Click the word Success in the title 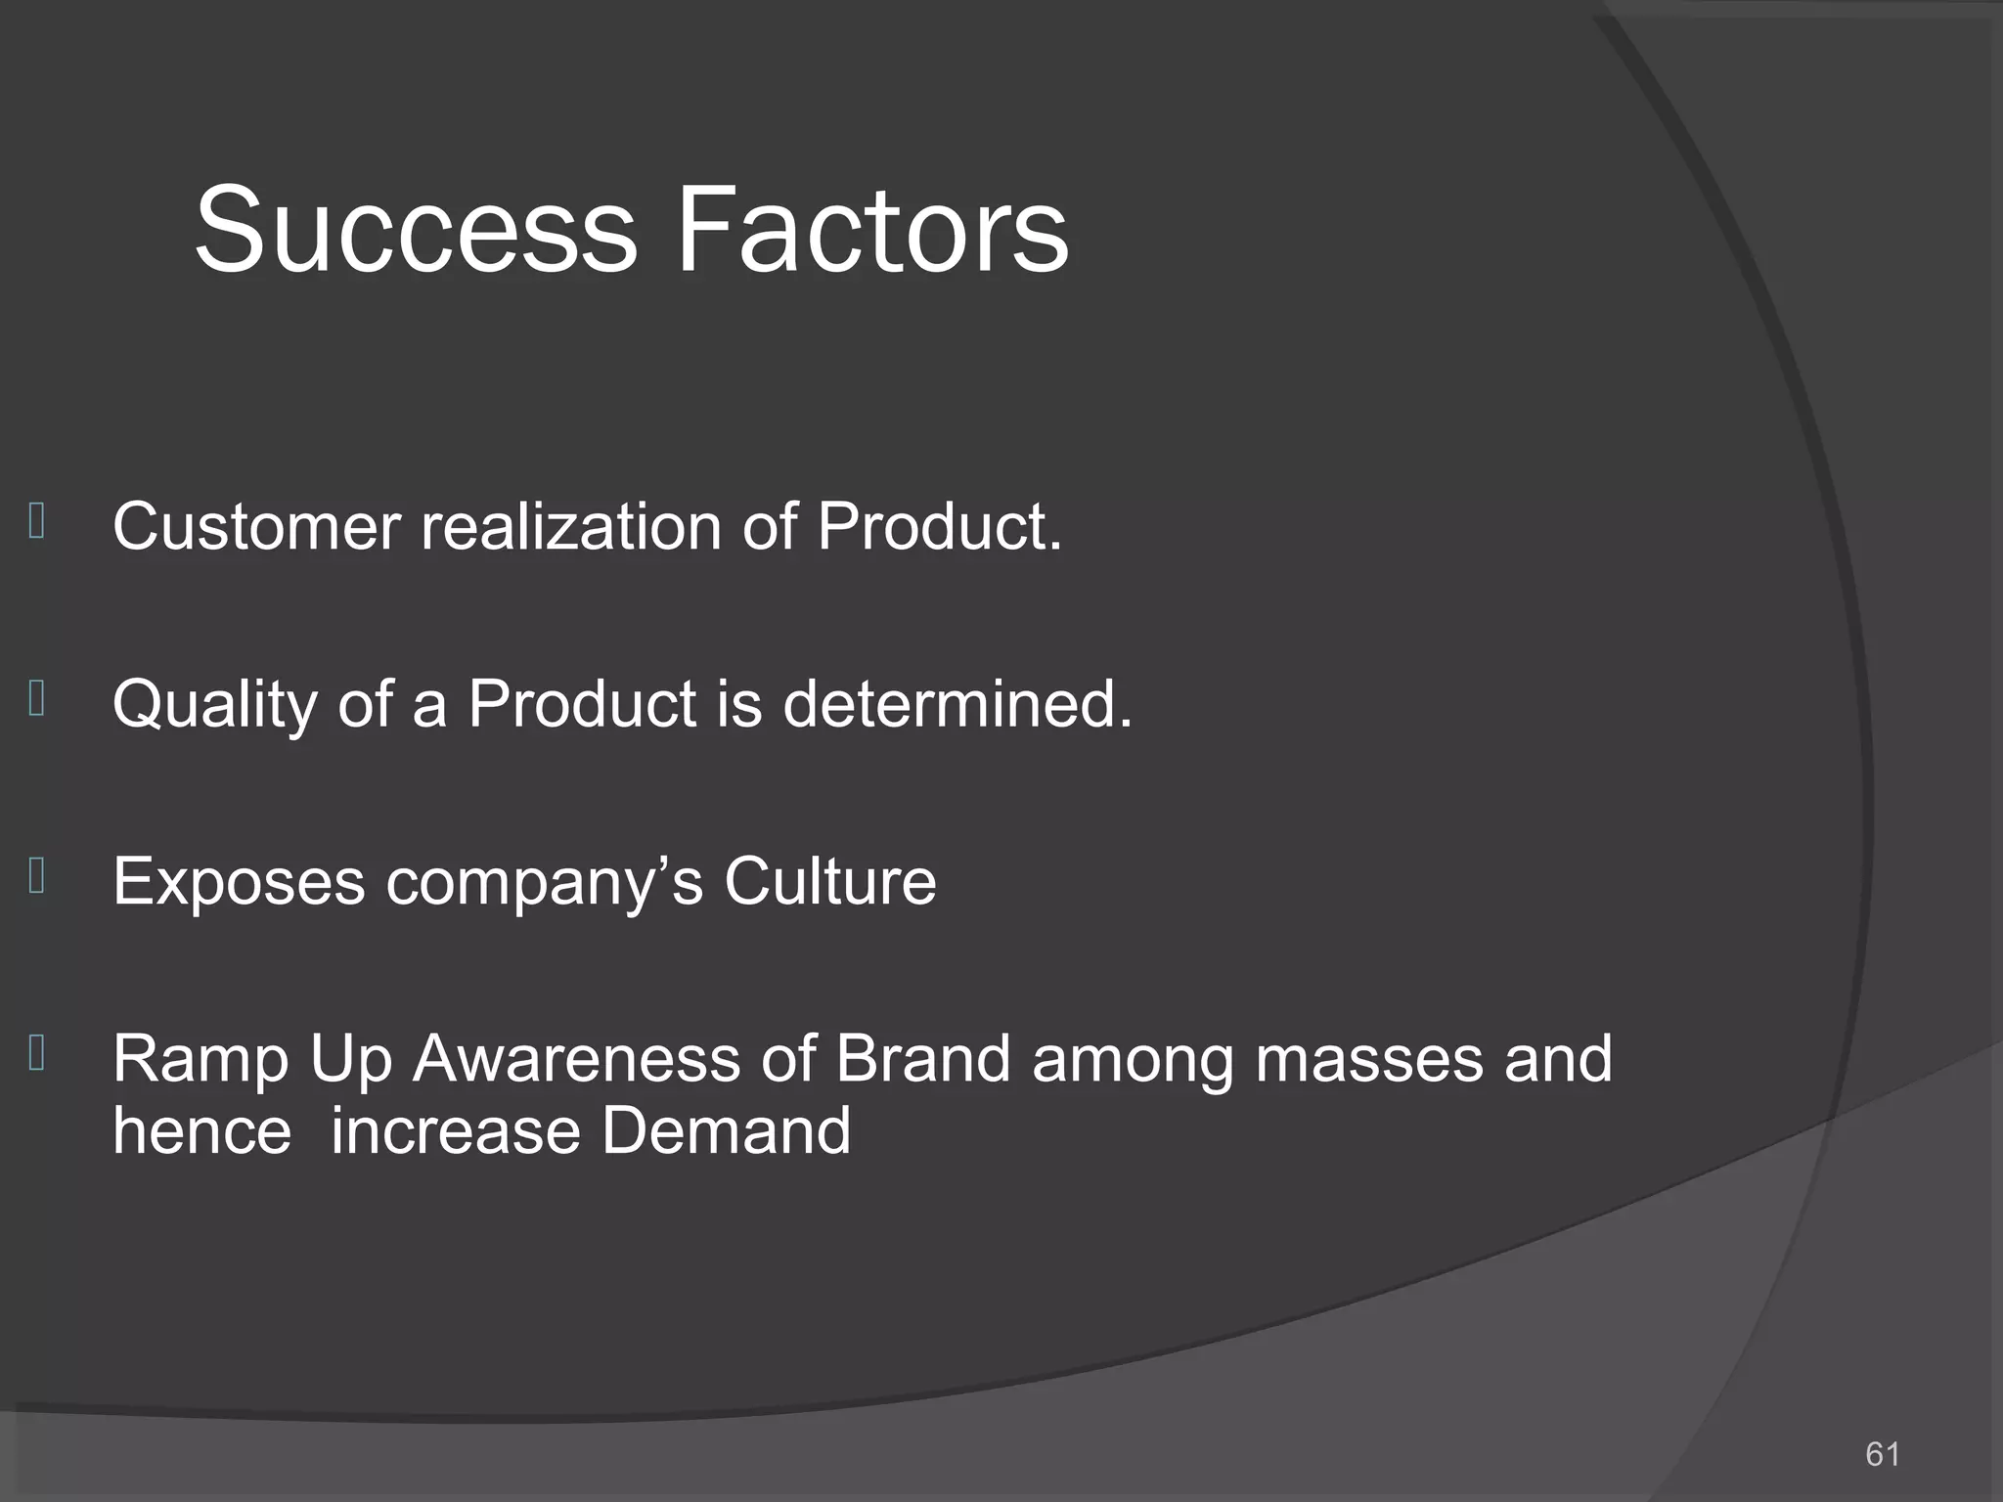[x=416, y=231]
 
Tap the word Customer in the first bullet [x=256, y=527]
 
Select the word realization [x=571, y=527]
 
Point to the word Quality [x=214, y=704]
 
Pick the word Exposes [x=239, y=882]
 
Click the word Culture [x=829, y=882]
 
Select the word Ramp [x=200, y=1060]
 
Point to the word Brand [x=922, y=1059]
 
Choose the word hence [x=202, y=1131]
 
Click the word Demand [x=726, y=1131]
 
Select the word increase [x=455, y=1131]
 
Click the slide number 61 [x=1882, y=1454]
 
